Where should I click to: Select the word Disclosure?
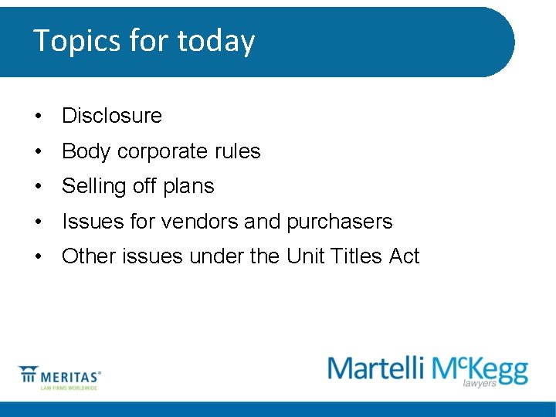112,116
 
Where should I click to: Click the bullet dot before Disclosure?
37,117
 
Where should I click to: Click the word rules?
238,151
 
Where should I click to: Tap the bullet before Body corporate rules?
37,152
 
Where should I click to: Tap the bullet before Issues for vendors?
37,222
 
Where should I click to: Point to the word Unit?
304,256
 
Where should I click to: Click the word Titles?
355,256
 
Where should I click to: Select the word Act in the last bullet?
404,256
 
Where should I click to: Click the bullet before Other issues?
37,257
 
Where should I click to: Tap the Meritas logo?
59,376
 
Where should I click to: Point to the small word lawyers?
480,383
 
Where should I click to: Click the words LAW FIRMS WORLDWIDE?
69,388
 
